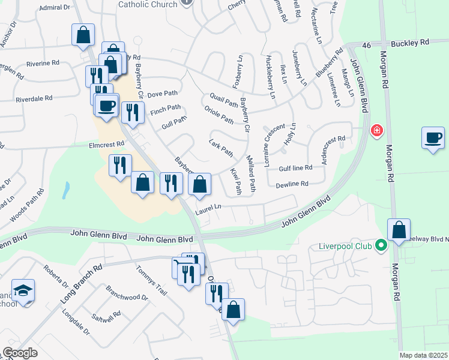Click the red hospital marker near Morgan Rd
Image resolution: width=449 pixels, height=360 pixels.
pos(376,130)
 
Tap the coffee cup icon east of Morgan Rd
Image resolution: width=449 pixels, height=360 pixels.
pos(433,138)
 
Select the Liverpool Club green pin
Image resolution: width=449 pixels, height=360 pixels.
pos(380,245)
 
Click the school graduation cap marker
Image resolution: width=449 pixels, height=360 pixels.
pos(23,291)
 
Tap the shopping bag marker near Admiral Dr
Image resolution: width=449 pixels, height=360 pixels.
pos(83,35)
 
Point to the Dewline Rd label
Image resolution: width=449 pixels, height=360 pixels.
pos(292,184)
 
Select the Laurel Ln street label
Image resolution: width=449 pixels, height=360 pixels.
pos(208,208)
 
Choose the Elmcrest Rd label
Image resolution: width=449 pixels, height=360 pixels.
pos(106,144)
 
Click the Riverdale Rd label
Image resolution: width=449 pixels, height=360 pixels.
pos(34,98)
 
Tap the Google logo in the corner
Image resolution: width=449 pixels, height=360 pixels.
pos(20,353)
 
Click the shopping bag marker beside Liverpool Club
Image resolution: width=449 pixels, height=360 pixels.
pos(399,230)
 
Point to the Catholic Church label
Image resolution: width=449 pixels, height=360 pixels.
pos(148,4)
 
